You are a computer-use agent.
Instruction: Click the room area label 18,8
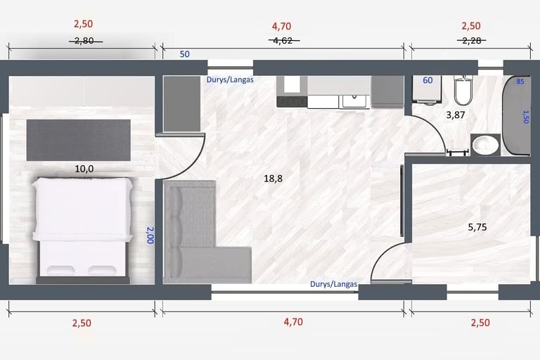pyautogui.click(x=273, y=179)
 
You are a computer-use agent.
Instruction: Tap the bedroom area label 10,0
pyautogui.click(x=84, y=169)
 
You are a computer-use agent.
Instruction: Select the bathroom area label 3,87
pyautogui.click(x=456, y=115)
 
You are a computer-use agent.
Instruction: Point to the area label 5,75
pyautogui.click(x=477, y=227)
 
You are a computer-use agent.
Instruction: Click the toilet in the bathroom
pyautogui.click(x=462, y=89)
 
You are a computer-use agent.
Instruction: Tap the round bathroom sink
pyautogui.click(x=486, y=145)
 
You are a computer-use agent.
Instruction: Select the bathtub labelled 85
pyautogui.click(x=516, y=115)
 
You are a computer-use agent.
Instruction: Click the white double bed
pyautogui.click(x=82, y=228)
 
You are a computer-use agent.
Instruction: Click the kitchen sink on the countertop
pyautogui.click(x=354, y=101)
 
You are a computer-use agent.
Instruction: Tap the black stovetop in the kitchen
pyautogui.click(x=292, y=102)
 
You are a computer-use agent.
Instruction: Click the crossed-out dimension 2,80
pyautogui.click(x=84, y=41)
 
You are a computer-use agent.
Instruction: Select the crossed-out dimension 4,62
pyautogui.click(x=283, y=41)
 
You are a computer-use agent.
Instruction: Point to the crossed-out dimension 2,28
pyautogui.click(x=472, y=41)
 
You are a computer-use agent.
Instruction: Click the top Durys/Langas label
pyautogui.click(x=230, y=79)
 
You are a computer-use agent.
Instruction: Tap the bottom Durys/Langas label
pyautogui.click(x=334, y=284)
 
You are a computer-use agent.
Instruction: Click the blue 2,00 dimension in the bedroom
pyautogui.click(x=150, y=236)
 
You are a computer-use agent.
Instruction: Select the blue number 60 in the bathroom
pyautogui.click(x=427, y=80)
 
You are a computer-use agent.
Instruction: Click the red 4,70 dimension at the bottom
pyautogui.click(x=293, y=322)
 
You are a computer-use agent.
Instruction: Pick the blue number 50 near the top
pyautogui.click(x=185, y=54)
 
